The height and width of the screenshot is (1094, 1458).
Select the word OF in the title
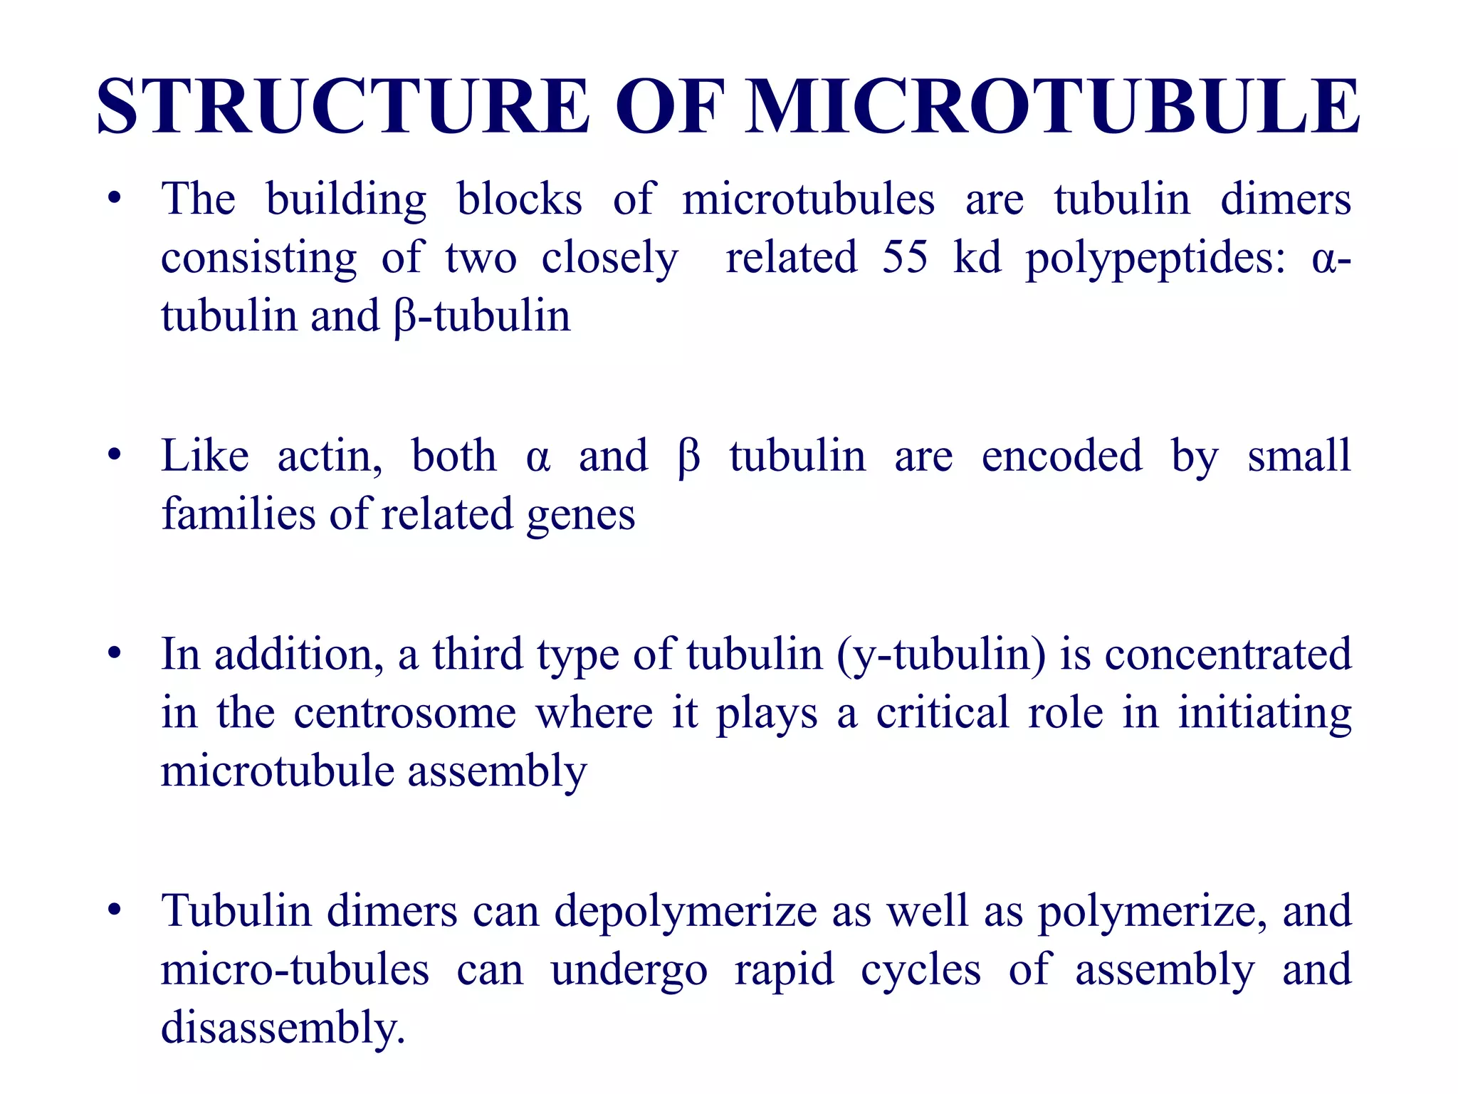[x=670, y=107]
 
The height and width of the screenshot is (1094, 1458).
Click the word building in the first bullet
[x=346, y=200]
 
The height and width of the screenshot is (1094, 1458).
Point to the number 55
[x=905, y=257]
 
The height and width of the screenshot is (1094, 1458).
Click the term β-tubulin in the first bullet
[x=481, y=317]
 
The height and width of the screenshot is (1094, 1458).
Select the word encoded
[x=1061, y=457]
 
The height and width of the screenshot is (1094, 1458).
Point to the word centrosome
[x=404, y=714]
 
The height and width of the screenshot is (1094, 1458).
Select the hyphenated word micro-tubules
[x=295, y=970]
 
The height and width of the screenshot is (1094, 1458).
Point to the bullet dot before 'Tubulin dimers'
[x=115, y=911]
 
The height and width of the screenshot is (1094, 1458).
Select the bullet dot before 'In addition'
[x=115, y=654]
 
